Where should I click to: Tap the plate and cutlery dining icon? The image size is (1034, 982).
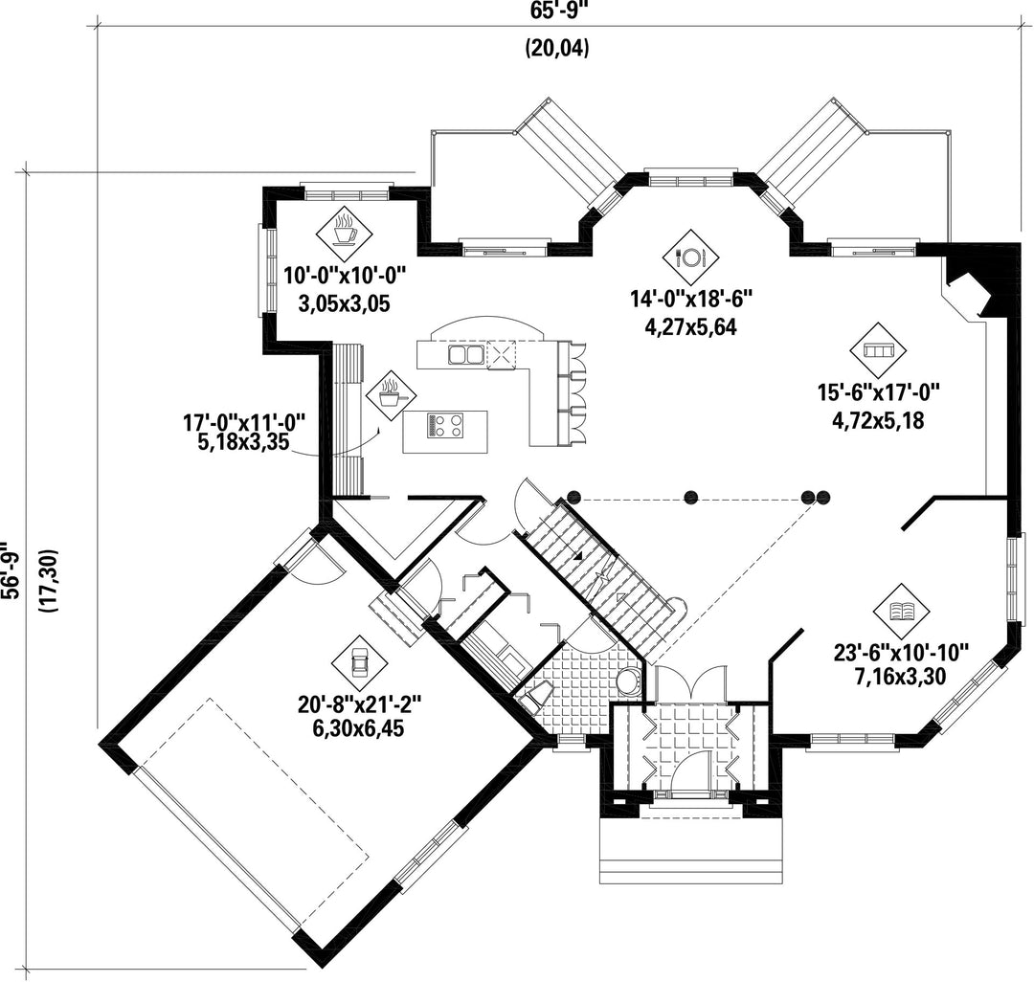[x=690, y=257]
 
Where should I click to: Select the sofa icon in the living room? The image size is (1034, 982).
[x=878, y=350]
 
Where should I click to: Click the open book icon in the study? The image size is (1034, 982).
[x=901, y=612]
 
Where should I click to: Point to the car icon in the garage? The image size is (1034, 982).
[x=360, y=662]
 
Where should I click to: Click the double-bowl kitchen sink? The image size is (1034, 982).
[x=466, y=354]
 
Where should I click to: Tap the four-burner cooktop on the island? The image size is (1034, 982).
[x=446, y=425]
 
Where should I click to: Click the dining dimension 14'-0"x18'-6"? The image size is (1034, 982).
[x=691, y=300]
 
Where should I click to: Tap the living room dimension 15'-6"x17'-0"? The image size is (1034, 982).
[x=878, y=392]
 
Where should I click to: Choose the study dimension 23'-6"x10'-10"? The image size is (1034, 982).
[x=901, y=653]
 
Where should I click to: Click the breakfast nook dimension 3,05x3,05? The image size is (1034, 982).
[x=345, y=303]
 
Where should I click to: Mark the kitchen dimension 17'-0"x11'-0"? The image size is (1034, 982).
[x=244, y=421]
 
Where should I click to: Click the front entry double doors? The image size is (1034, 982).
[x=690, y=682]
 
